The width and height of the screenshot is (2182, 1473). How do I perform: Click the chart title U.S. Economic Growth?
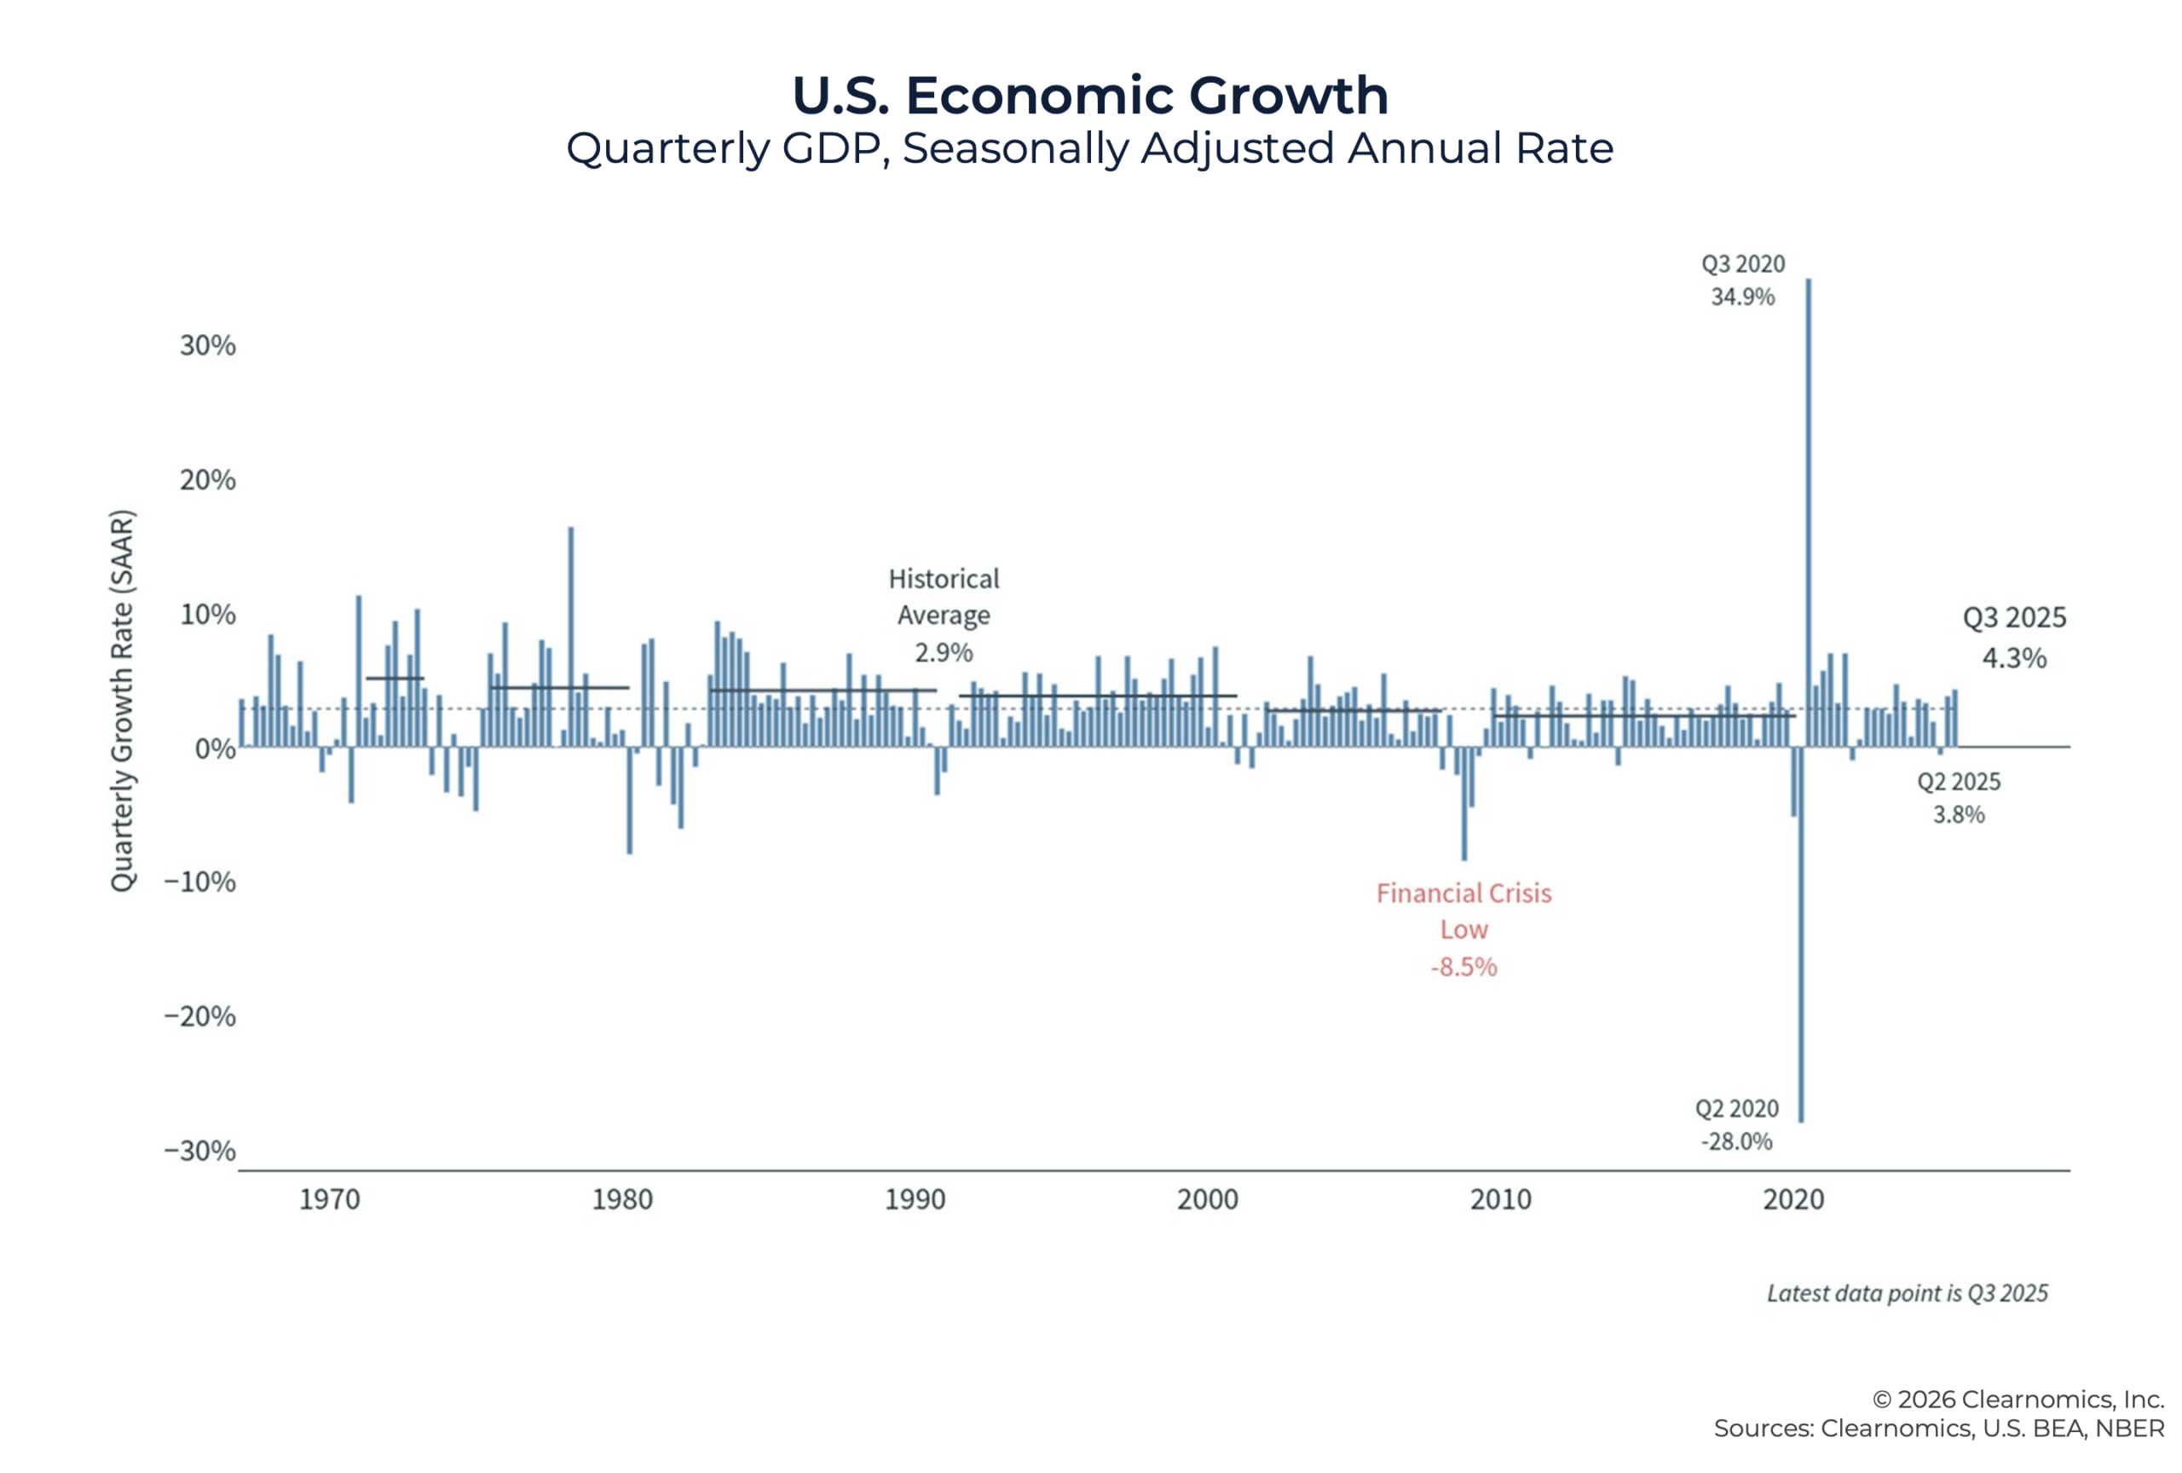point(1089,95)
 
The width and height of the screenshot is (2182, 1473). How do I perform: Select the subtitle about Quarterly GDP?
point(1089,148)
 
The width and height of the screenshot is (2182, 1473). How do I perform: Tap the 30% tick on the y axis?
point(207,345)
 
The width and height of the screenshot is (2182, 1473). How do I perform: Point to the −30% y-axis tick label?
point(199,1150)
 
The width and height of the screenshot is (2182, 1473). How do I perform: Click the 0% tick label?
point(215,748)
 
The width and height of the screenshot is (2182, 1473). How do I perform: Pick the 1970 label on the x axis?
point(330,1200)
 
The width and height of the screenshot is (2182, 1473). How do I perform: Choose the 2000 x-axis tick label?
point(1208,1200)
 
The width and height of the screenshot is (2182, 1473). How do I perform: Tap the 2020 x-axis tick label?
point(1793,1200)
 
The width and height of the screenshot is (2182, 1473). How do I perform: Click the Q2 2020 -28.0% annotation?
point(1736,1124)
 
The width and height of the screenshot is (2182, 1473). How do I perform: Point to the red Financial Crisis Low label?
point(1463,928)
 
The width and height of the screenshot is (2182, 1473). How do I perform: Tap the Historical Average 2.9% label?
point(944,615)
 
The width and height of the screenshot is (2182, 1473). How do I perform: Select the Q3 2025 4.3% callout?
point(2014,638)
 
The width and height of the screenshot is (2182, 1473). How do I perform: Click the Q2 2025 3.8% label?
point(1959,797)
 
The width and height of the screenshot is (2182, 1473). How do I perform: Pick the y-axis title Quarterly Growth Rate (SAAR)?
point(123,701)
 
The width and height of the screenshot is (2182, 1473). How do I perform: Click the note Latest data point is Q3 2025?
point(1907,1294)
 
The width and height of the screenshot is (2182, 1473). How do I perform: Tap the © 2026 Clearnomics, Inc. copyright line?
point(2017,1400)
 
